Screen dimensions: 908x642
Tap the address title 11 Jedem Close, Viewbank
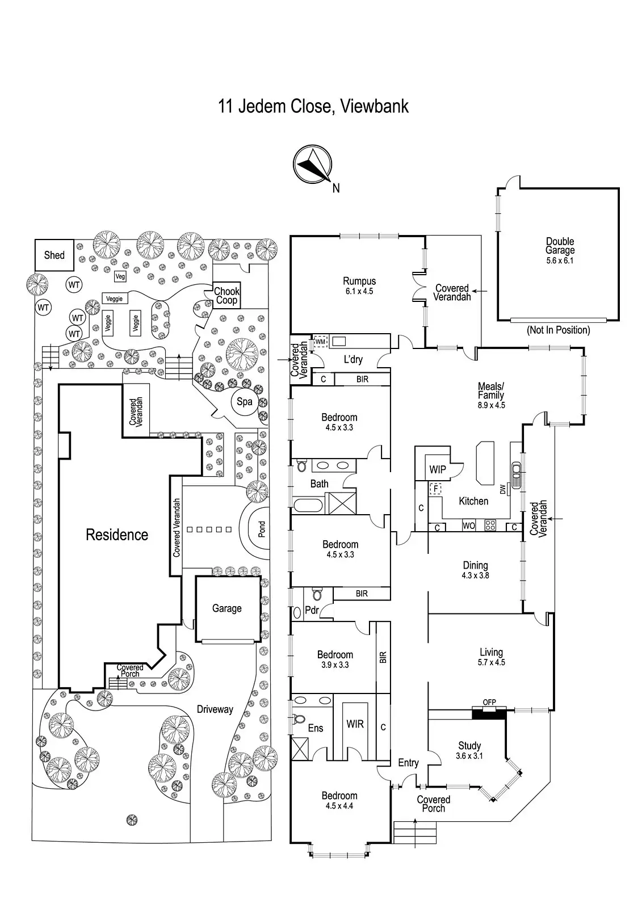point(313,106)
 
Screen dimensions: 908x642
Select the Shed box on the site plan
point(54,255)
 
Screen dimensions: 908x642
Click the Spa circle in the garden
point(245,402)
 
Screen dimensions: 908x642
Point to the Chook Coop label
point(226,296)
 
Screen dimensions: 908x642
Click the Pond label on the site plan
point(262,529)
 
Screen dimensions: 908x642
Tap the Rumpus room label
point(359,281)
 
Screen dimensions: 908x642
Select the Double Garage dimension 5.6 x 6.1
point(560,260)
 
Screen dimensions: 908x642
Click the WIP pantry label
point(438,470)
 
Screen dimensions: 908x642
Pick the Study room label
point(469,746)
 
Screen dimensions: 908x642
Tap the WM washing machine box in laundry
point(320,342)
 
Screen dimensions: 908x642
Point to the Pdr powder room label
point(312,611)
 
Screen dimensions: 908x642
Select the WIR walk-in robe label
point(355,724)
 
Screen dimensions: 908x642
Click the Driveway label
point(215,709)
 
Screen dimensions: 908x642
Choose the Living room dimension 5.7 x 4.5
point(491,662)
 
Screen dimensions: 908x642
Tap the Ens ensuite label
point(316,728)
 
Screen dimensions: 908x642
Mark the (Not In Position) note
point(558,330)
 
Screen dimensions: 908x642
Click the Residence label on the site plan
point(117,535)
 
